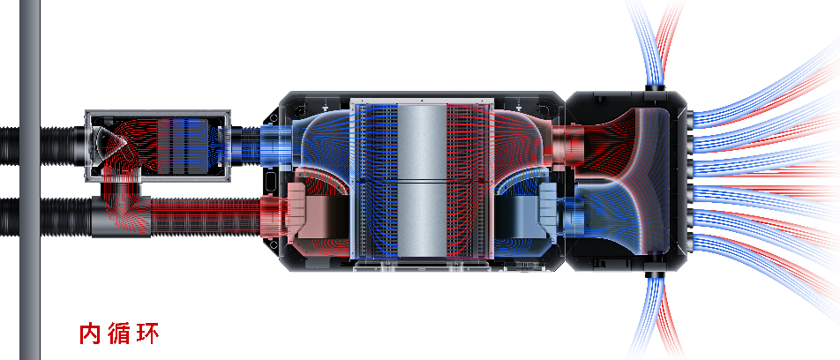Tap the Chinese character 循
(118, 334)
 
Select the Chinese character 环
(148, 334)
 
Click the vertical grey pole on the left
(30, 180)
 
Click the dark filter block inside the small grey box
(182, 145)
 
